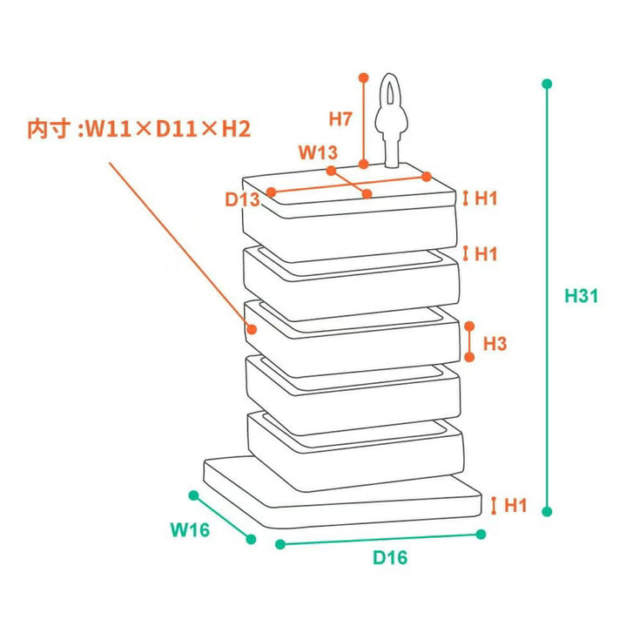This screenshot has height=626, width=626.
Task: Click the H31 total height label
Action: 581,296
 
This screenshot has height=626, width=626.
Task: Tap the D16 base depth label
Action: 390,557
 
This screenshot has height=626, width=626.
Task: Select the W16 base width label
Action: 190,529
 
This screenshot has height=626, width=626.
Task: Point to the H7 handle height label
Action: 340,118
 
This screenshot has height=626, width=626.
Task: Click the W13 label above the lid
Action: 318,152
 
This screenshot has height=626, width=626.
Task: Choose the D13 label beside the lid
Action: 242,199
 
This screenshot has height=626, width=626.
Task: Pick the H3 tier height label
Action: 495,343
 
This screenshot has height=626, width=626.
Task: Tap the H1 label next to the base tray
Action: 515,506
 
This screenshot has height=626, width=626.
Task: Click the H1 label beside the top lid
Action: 486,198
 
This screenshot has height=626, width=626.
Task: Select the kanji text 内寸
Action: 47,129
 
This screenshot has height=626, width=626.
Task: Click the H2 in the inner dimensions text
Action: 236,129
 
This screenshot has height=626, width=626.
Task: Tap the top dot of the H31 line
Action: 547,84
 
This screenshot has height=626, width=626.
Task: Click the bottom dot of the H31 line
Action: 547,511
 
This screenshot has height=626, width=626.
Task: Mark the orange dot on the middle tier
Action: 252,329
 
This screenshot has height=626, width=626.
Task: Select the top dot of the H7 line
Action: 363,77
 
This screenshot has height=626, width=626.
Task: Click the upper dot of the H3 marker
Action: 469,326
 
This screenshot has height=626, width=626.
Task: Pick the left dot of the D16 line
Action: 280,544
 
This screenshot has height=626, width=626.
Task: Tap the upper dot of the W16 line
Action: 193,495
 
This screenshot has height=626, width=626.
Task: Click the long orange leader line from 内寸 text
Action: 179,246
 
